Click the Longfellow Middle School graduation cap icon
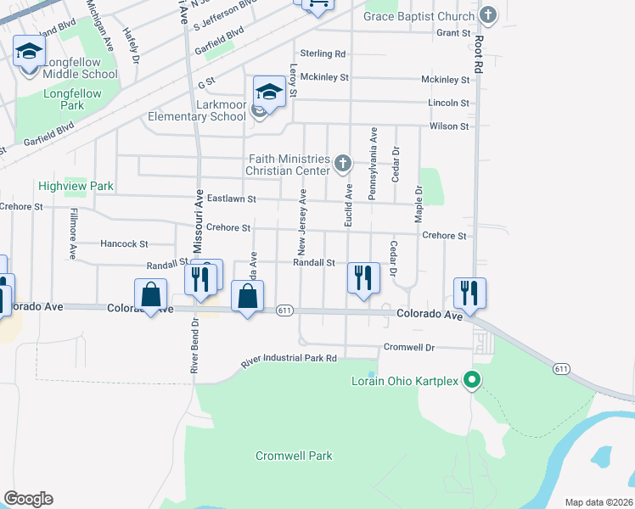pos(29,51)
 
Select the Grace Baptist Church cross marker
pos(488,15)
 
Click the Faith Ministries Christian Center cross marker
pos(343,163)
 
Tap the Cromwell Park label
pos(294,456)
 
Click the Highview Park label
pos(76,186)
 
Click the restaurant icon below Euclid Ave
pos(363,277)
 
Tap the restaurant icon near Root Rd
pos(469,293)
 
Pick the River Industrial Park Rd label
pos(289,361)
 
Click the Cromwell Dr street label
pos(409,347)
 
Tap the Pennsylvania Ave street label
pos(372,165)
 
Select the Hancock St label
pos(124,243)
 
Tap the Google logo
pos(28,499)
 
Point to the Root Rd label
pos(479,53)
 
